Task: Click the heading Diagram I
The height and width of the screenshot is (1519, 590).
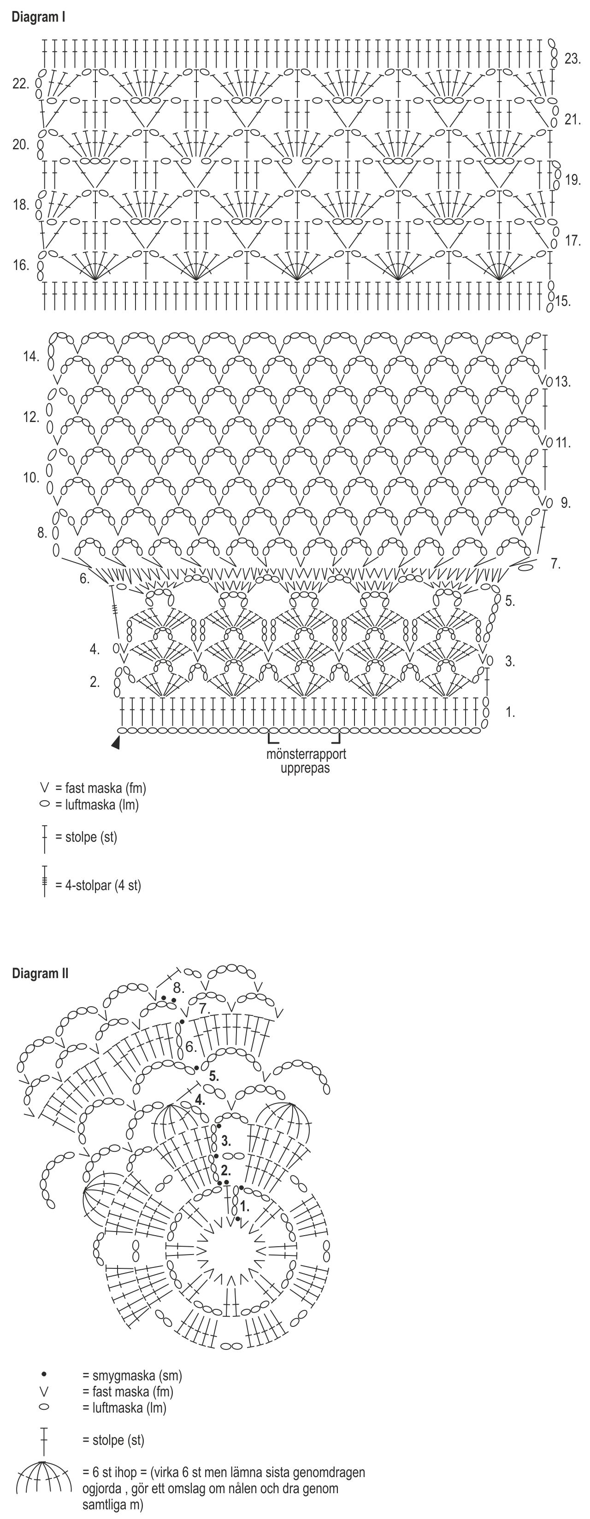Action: [x=38, y=17]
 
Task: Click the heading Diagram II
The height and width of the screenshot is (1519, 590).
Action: [x=40, y=974]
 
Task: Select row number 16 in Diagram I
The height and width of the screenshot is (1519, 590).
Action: [x=21, y=265]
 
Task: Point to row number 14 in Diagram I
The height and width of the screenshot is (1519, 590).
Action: [x=31, y=356]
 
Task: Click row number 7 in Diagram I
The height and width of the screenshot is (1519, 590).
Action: [x=555, y=564]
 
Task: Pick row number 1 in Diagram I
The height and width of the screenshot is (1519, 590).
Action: [x=510, y=712]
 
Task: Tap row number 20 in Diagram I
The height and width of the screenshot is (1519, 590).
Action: [x=21, y=145]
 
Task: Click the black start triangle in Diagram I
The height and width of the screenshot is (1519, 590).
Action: [x=116, y=744]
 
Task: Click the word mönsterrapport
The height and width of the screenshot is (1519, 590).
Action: [x=306, y=754]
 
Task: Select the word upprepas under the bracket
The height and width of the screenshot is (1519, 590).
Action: [x=305, y=768]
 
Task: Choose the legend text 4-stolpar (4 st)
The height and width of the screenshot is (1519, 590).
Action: [x=103, y=885]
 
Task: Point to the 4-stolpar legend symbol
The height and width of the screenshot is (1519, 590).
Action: [x=44, y=881]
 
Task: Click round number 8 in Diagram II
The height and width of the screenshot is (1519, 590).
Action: [x=179, y=989]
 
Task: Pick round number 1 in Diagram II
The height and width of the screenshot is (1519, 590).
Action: [x=244, y=1207]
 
